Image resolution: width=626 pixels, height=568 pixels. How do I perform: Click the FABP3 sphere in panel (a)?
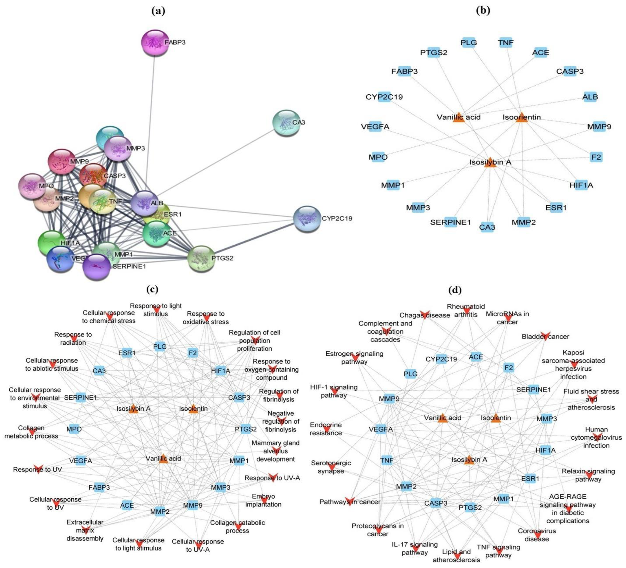[x=155, y=43]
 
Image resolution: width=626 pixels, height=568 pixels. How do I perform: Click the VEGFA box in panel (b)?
[x=375, y=127]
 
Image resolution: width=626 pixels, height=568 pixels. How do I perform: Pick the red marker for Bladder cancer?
[x=545, y=336]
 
